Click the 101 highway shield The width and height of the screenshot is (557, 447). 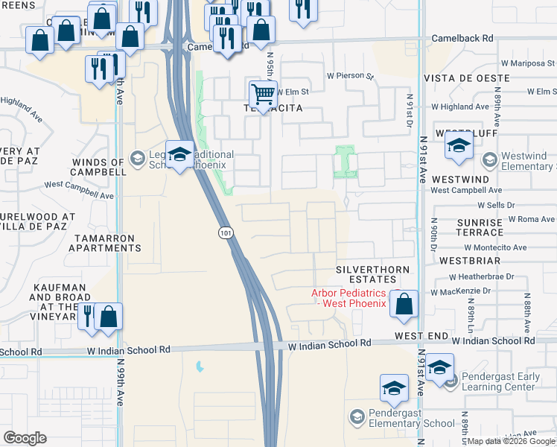pos(224,233)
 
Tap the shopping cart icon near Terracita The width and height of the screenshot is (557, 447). pos(262,94)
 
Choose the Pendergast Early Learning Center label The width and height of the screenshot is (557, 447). pos(501,381)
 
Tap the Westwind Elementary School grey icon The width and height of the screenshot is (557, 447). pos(489,160)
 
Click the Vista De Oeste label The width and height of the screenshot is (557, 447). pos(466,78)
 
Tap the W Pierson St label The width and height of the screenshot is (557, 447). pos(350,75)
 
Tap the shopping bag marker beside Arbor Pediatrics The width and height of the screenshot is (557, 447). pos(404,305)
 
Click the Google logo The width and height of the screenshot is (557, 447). pos(25,437)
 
